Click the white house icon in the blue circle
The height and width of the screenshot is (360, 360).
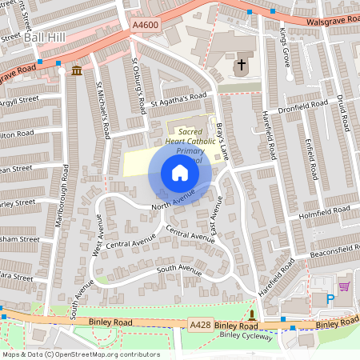click(x=180, y=173)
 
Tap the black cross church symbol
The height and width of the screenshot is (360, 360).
click(x=242, y=63)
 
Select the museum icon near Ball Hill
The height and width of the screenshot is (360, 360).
click(x=76, y=71)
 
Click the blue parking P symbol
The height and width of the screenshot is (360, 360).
click(x=330, y=299)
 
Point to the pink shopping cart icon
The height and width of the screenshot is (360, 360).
click(x=344, y=286)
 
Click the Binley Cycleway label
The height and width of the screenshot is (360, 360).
click(x=246, y=337)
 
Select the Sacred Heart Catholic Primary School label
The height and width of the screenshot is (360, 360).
click(x=190, y=140)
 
